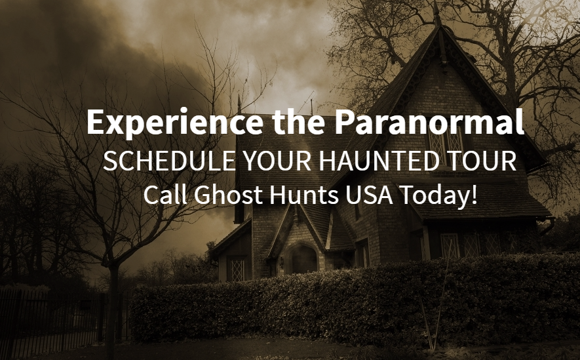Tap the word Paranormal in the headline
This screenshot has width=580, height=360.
click(x=429, y=121)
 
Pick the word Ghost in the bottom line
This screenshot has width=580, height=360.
click(x=228, y=195)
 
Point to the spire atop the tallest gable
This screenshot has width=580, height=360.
click(x=437, y=13)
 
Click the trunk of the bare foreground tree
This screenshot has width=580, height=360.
click(x=111, y=311)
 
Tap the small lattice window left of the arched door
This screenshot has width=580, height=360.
click(x=237, y=270)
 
